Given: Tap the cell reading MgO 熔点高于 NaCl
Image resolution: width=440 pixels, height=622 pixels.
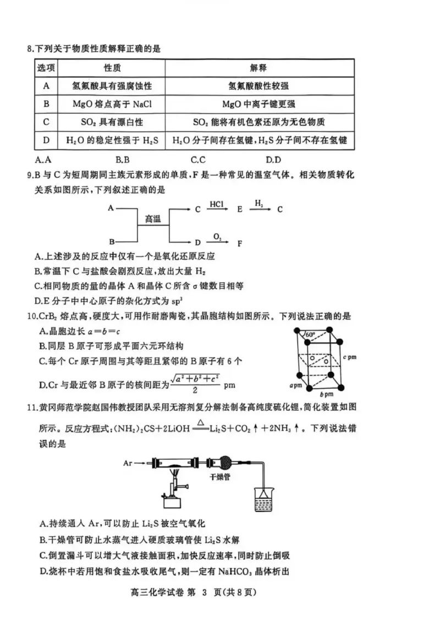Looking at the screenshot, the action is point(112,104).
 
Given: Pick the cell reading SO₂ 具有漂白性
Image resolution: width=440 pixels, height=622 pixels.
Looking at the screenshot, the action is point(112,122).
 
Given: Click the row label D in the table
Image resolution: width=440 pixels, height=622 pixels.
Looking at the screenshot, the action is point(46,141).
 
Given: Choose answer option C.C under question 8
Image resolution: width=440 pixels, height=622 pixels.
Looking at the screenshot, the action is point(198,160).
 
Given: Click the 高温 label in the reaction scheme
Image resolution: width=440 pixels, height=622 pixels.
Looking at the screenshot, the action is point(152,218).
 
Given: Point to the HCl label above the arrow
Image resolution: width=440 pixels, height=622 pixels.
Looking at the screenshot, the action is point(216,204).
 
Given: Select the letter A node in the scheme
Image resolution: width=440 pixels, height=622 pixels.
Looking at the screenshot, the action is point(111,208).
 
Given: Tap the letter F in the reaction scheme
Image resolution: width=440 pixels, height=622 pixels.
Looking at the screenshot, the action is point(240,242).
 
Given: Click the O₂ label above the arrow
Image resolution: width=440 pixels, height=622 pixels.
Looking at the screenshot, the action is point(218,236).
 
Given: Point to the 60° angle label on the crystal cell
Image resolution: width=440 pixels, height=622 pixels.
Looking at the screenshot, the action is point(310,335).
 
